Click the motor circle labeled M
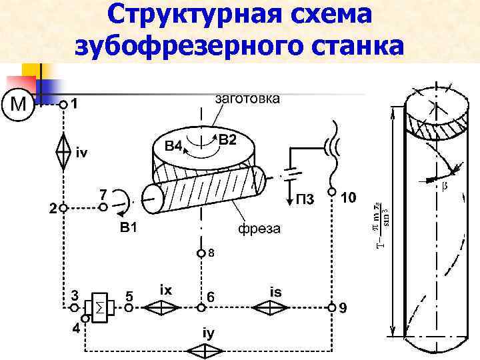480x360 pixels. click(19, 105)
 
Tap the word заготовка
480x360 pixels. click(247, 99)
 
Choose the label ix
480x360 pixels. click(167, 291)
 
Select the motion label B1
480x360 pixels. click(129, 227)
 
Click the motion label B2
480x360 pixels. click(227, 139)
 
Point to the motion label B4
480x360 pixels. click(173, 146)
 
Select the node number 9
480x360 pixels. click(342, 308)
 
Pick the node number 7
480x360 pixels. click(103, 194)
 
